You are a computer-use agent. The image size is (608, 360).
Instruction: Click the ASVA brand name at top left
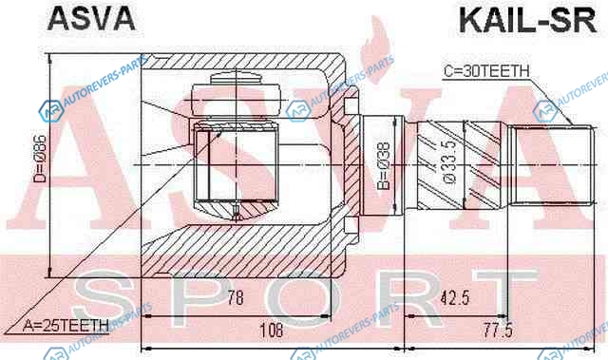pos(91,19)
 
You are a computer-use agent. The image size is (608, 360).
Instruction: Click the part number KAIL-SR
pos(527,21)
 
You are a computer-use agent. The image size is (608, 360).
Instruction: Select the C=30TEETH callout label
pos(486,71)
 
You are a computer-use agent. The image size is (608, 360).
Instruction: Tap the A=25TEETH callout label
pos(66,326)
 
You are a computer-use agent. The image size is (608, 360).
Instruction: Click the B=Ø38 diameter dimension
pos(384,165)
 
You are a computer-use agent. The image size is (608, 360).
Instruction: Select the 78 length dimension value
pos(236,297)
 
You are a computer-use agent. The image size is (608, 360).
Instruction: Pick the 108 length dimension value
pos(271,331)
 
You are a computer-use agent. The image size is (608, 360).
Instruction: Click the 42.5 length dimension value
pos(455,298)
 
